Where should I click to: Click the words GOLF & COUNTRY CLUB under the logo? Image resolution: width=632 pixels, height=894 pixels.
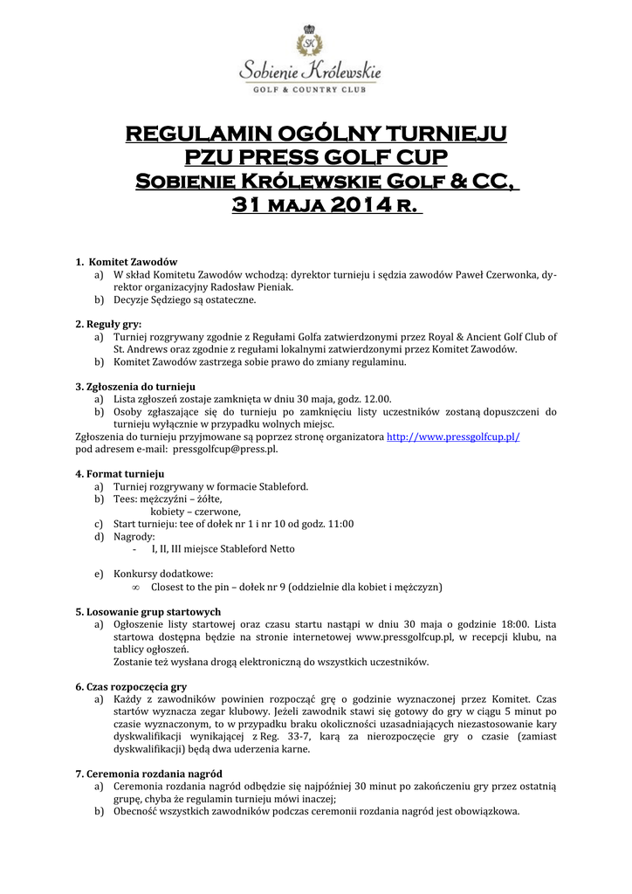point(310,88)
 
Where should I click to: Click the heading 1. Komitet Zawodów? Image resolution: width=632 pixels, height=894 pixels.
point(127,262)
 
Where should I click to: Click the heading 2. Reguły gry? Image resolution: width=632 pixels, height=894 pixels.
point(108,324)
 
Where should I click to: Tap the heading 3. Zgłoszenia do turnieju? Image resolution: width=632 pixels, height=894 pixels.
point(135,386)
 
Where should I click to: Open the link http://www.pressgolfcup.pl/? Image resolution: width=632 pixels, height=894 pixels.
point(453,436)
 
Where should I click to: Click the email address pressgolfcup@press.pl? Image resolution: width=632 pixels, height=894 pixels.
point(225,448)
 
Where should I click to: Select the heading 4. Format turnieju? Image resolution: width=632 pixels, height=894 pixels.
point(120,473)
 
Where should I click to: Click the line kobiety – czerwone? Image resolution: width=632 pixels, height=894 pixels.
point(196,511)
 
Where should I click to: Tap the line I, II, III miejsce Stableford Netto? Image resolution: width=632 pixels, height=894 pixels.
point(223,548)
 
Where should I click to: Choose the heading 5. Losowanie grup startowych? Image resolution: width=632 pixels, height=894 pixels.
point(148,611)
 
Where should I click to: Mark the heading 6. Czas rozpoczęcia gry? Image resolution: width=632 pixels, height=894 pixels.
point(131,686)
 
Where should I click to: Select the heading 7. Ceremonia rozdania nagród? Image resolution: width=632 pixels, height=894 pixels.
point(148,774)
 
